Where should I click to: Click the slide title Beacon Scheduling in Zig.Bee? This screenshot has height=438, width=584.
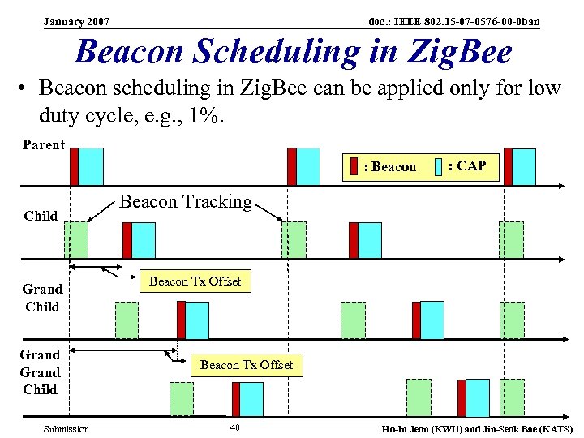[293, 52]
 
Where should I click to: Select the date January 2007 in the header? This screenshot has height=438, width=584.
[77, 20]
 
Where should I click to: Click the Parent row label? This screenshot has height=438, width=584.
[45, 144]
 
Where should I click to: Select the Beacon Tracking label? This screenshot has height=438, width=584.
[186, 201]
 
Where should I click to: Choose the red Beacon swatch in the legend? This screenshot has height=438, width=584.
[354, 167]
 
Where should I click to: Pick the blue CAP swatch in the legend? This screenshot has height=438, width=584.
[438, 167]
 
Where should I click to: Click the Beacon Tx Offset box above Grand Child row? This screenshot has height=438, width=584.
[195, 281]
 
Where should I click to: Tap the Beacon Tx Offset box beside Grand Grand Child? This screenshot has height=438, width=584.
[247, 365]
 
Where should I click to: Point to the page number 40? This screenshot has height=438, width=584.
[234, 427]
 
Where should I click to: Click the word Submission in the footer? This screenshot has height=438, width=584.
[67, 428]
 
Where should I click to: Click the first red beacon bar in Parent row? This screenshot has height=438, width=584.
[74, 166]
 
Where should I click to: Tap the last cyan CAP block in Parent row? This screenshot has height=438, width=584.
[524, 166]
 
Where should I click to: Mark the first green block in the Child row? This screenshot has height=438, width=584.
[76, 239]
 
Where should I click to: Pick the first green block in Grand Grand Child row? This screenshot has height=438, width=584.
[182, 398]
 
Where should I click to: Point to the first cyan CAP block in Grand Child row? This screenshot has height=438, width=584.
[197, 320]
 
